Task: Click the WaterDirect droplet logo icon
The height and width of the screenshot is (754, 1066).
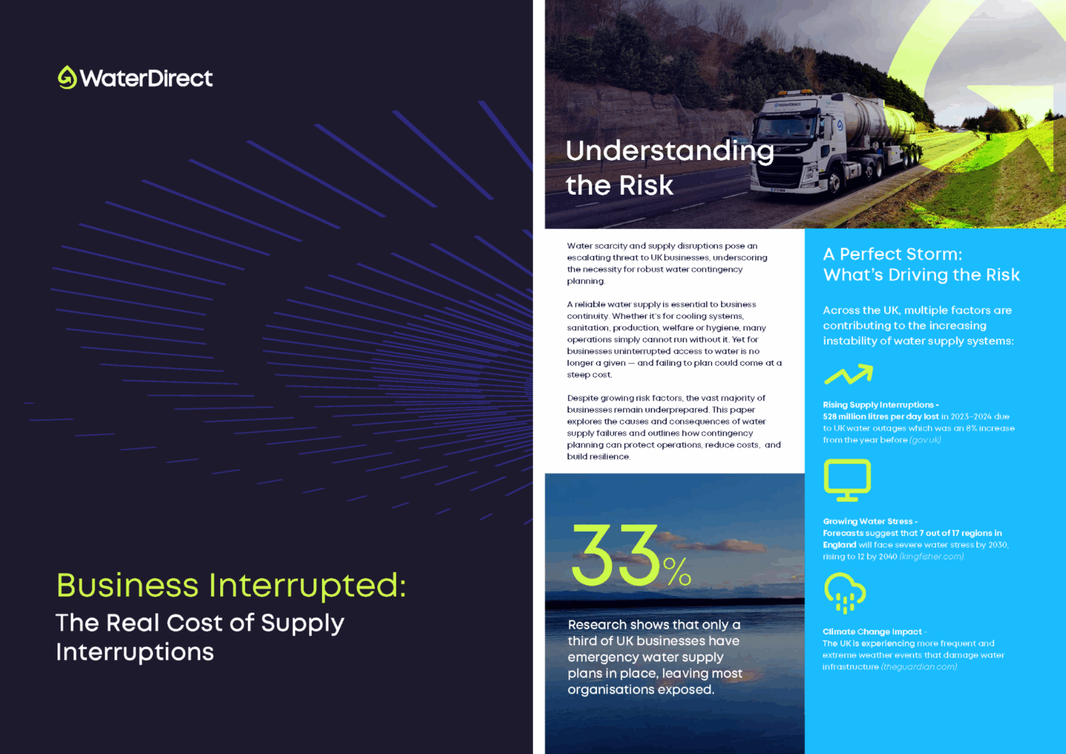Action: (x=67, y=77)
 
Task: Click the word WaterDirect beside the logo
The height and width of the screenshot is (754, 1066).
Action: (x=146, y=79)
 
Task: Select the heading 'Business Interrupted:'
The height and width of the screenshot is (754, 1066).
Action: (x=231, y=586)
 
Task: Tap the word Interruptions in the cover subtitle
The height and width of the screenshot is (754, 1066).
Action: (x=135, y=652)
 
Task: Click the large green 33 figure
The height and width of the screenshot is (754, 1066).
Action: (x=616, y=555)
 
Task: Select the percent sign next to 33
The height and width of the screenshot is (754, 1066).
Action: (x=677, y=571)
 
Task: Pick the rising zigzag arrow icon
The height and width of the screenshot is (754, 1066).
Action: (x=849, y=374)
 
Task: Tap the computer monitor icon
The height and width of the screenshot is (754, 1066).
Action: (x=847, y=480)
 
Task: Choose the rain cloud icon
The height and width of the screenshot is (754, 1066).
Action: (x=845, y=593)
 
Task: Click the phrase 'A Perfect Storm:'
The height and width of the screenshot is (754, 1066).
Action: (x=893, y=254)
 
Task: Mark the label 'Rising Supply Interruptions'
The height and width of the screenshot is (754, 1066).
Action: (x=878, y=405)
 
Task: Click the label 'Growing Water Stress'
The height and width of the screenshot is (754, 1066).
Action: (x=868, y=522)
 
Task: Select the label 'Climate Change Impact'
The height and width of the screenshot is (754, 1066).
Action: (x=872, y=632)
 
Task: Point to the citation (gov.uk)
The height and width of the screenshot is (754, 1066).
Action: (x=925, y=441)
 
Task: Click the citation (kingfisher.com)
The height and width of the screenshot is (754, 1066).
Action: (x=932, y=557)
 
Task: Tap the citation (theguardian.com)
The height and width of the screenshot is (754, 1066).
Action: (x=919, y=667)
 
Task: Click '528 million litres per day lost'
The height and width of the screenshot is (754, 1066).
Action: (x=881, y=416)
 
